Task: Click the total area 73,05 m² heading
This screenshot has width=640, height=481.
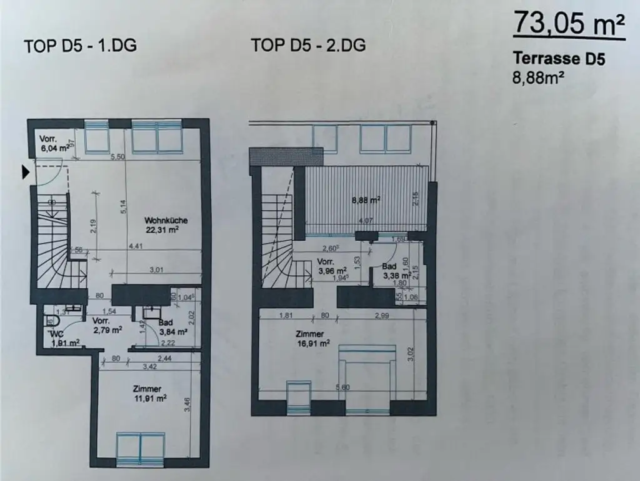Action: (x=569, y=26)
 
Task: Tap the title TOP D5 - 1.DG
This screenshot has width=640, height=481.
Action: (x=80, y=46)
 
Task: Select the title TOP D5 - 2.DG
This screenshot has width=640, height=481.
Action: (x=308, y=46)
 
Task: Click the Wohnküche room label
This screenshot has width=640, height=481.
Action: (x=166, y=220)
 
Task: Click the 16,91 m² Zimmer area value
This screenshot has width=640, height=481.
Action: (x=313, y=343)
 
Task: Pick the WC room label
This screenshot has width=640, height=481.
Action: (x=56, y=333)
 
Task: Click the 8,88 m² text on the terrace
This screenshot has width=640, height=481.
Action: (x=366, y=200)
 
